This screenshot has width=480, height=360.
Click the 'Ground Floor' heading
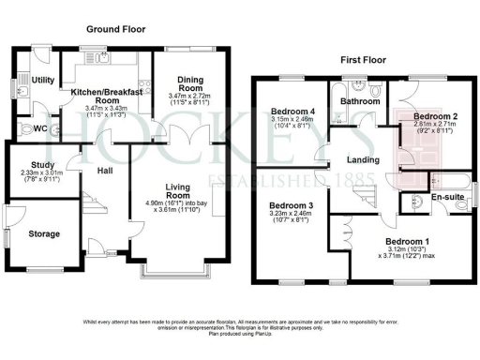click(x=118, y=30)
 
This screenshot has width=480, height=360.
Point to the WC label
click(x=41, y=128)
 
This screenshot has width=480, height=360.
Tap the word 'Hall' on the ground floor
click(x=103, y=171)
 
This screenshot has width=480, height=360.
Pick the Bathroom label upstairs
click(x=359, y=100)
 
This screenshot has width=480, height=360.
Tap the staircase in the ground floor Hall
click(x=86, y=202)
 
